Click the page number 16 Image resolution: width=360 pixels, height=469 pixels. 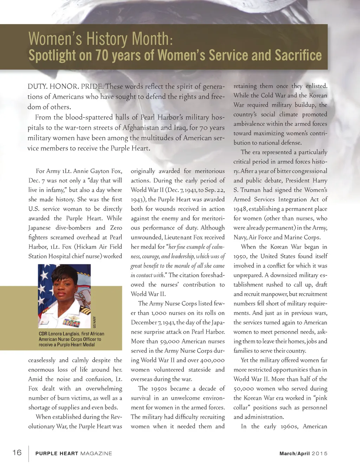tap(17, 452)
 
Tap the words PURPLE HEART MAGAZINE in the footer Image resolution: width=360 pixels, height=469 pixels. tap(73, 454)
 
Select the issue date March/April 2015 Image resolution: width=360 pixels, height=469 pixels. tap(303, 454)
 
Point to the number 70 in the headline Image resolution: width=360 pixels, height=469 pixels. tap(102, 56)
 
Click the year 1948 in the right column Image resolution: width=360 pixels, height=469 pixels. tap(240, 209)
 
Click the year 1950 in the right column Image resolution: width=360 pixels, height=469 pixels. tap(240, 256)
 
